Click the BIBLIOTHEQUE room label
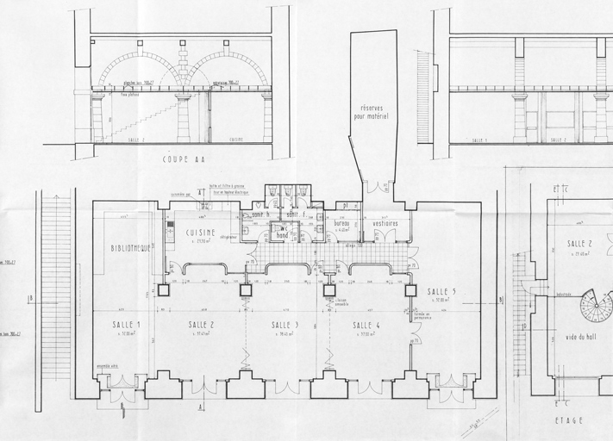tap(130, 248)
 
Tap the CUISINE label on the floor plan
tap(201, 233)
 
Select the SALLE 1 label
tap(126, 324)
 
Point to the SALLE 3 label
tap(285, 325)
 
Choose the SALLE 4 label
tap(366, 325)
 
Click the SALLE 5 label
tap(441, 292)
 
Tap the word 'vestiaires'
tap(380, 223)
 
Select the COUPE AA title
tap(185, 159)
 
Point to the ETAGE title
tap(570, 420)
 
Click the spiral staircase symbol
tap(596, 306)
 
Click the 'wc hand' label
tap(282, 231)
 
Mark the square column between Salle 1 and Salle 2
tap(163, 289)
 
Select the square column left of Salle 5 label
tap(410, 290)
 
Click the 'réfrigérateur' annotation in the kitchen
tap(228, 237)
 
